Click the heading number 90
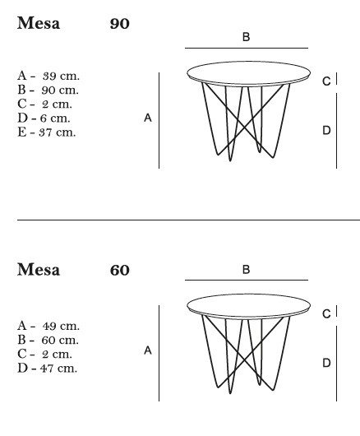coord(119,24)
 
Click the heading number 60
coord(119,270)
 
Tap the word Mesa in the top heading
coord(39,23)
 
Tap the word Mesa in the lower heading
coord(39,270)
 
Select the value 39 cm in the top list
coord(61,76)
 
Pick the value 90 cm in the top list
coord(60,90)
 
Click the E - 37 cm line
coord(46,132)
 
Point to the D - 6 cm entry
coord(44,118)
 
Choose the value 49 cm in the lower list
coord(61,326)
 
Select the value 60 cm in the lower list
coord(60,340)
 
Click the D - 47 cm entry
coord(47,369)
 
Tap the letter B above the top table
coord(246,37)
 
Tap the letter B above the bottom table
coord(246,270)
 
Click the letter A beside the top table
coord(148,118)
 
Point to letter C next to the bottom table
coord(326,314)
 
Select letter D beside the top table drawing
coord(326,130)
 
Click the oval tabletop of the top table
coord(248,62)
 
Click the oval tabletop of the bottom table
coord(248,295)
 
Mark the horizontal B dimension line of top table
coord(247,48)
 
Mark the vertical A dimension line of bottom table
coord(159,353)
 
